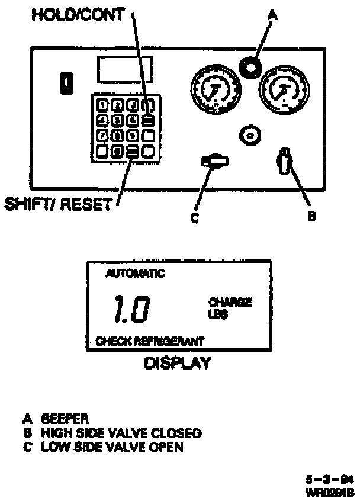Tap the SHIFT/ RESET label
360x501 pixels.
pyautogui.click(x=57, y=204)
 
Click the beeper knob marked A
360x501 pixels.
pyautogui.click(x=249, y=68)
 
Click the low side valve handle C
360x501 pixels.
pyautogui.click(x=215, y=160)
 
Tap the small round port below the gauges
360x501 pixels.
pyautogui.click(x=251, y=136)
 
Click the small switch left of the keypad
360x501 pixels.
pyautogui.click(x=68, y=83)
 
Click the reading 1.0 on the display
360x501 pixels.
pyautogui.click(x=131, y=310)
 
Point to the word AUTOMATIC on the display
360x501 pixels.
pyautogui.click(x=135, y=274)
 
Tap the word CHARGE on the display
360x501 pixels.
pyautogui.click(x=230, y=302)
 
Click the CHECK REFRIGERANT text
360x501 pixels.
pyautogui.click(x=150, y=341)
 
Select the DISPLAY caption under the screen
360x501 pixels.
pyautogui.click(x=178, y=363)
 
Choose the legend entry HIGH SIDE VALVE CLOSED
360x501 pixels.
pyautogui.click(x=121, y=433)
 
